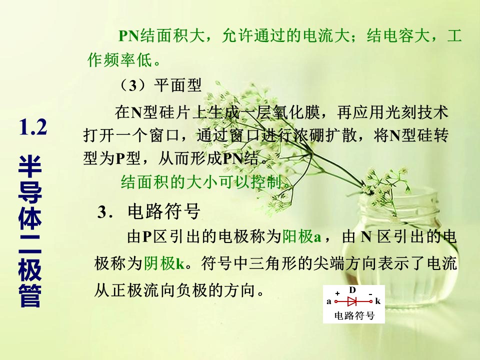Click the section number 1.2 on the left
click(33, 127)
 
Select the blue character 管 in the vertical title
click(30, 296)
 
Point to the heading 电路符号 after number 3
click(164, 211)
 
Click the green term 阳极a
click(301, 236)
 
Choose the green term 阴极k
click(164, 263)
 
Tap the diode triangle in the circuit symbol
click(352, 301)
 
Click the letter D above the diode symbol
click(352, 290)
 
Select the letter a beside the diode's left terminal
click(329, 301)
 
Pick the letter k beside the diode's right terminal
click(378, 301)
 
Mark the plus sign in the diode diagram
click(337, 293)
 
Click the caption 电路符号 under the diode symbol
click(354, 315)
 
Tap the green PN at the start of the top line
click(129, 36)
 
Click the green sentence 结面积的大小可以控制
click(205, 182)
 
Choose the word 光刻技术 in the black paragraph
click(416, 112)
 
